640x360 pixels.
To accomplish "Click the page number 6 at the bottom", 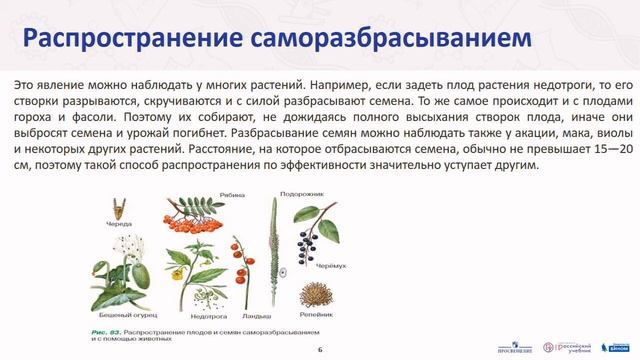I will [320, 350].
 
